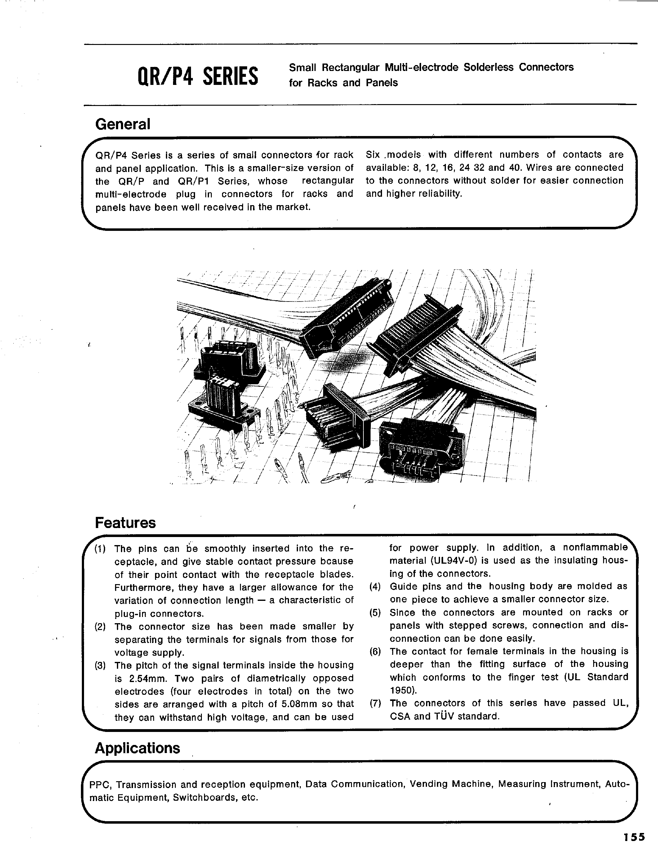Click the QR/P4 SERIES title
click(198, 76)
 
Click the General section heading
click(123, 124)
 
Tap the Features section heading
click(125, 523)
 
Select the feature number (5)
click(375, 613)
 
